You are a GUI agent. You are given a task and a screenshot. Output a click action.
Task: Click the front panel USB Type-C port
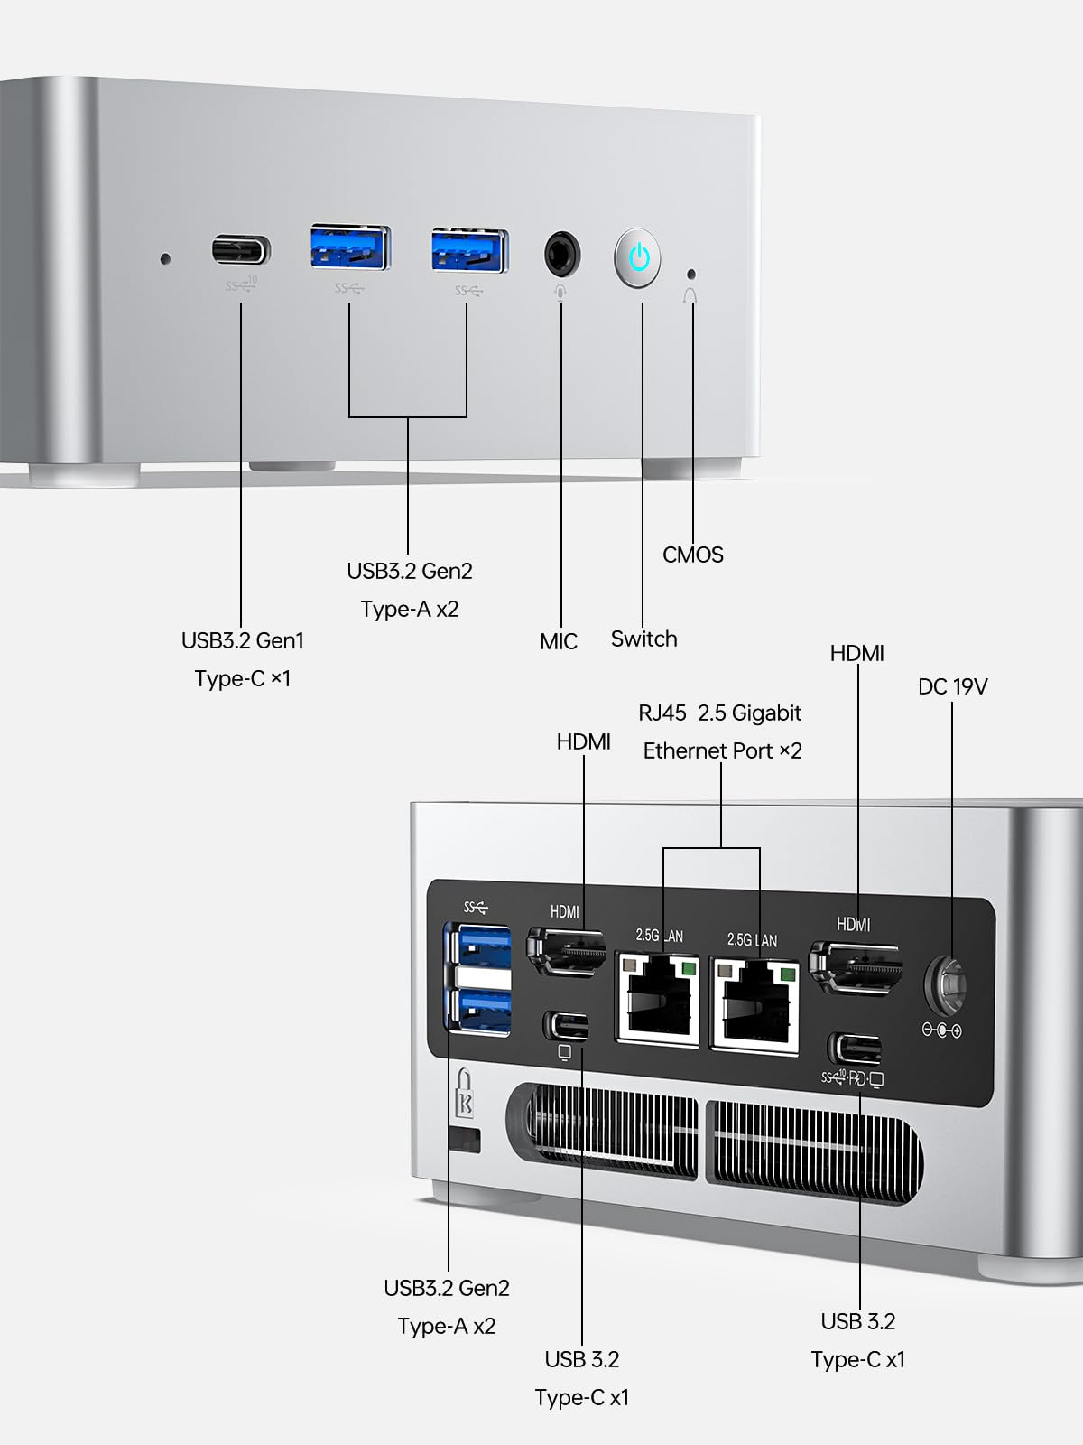coord(241,249)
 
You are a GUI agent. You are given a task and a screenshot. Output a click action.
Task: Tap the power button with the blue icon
coord(638,257)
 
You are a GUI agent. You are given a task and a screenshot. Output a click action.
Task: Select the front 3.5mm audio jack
coord(561,256)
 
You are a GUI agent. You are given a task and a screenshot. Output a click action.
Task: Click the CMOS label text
coord(692,555)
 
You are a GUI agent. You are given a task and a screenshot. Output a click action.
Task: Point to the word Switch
coord(643,639)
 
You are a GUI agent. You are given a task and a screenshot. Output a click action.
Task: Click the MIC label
coord(558,641)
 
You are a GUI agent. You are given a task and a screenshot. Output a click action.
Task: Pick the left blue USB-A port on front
coord(350,247)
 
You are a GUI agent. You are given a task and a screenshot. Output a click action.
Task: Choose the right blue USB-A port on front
coord(469,250)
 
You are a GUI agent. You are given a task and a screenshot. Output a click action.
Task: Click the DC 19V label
coord(952,686)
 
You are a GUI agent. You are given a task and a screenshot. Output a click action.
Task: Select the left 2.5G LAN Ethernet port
coord(658,999)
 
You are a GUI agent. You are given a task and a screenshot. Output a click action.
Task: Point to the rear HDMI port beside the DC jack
coord(855,967)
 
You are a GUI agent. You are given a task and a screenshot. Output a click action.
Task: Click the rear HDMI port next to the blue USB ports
coord(567,952)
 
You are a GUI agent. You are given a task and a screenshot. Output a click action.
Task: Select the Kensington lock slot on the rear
coord(464,1139)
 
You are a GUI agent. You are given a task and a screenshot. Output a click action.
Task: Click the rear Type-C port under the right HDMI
coord(854,1049)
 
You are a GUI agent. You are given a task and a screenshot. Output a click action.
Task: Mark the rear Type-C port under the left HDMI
coord(566,1026)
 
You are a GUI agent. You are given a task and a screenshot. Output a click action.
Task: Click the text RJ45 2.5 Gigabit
coord(719,713)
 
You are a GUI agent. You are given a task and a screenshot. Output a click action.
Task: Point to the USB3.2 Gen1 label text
coord(242,640)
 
